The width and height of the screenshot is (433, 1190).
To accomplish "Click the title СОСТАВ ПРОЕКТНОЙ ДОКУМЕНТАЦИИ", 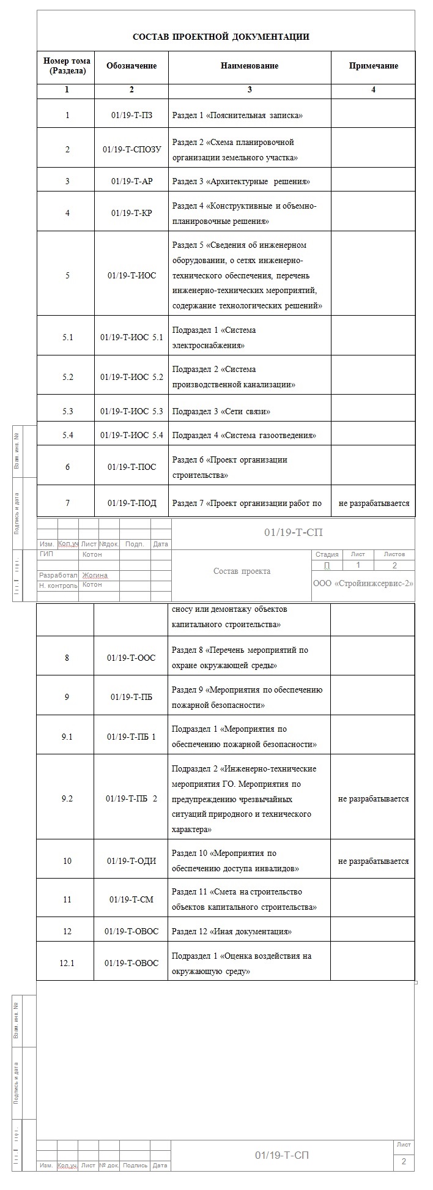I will coord(221,37).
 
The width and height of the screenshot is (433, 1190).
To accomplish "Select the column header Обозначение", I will coord(131,66).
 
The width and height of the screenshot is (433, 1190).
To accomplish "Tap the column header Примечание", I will coord(373,66).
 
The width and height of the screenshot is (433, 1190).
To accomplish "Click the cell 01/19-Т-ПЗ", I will coord(131,115).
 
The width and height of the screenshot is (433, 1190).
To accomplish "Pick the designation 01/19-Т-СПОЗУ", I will coord(131,150).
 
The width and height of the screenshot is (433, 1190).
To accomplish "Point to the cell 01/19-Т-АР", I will coord(131,181).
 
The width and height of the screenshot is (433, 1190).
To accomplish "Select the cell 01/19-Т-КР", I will coord(131,213).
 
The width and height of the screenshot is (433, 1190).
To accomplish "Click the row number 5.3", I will coord(67,411).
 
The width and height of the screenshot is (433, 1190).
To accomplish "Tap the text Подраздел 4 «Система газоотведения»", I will coord(244,436).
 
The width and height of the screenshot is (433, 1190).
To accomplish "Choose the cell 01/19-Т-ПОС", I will coord(131,467).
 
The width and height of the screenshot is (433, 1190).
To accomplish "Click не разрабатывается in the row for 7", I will coord(373,504).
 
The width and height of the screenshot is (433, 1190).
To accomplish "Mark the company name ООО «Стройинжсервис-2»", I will coord(363,583).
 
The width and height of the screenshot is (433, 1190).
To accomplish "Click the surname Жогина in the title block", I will coord(95,575).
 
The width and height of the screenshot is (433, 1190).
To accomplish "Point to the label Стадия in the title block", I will coord(327,554).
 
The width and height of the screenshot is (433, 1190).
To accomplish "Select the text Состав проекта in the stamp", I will coord(242,571).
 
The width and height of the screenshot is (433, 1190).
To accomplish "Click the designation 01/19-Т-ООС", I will coord(131,658).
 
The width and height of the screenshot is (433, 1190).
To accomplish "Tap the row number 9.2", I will coord(67,798).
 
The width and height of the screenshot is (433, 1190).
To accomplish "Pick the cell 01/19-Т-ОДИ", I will coord(131,861).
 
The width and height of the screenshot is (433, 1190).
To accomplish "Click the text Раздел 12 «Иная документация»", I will coord(231,931).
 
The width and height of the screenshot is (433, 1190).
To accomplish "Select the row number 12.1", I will coord(67,963).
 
